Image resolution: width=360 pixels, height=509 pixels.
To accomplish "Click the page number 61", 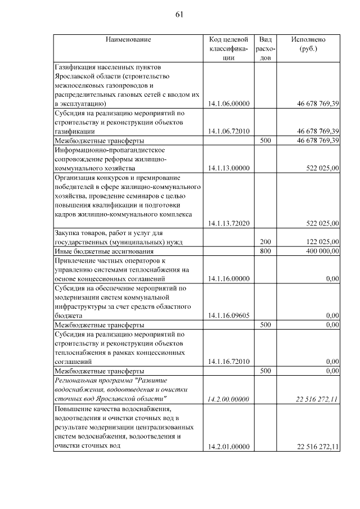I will (180, 14).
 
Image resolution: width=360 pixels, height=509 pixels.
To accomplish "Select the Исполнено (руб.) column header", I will (308, 44).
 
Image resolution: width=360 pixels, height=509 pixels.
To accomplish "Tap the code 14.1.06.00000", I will (228, 103).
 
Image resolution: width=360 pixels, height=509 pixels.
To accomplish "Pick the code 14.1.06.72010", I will (228, 131).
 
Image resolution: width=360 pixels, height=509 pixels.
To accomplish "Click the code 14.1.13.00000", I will (228, 168).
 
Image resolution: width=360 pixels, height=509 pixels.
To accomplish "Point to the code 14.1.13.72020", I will (228, 223).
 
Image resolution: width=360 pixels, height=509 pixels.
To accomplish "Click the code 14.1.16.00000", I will (228, 278).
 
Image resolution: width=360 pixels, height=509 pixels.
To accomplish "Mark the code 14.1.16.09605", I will (228, 316).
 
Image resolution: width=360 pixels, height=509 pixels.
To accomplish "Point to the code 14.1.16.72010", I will (228, 362).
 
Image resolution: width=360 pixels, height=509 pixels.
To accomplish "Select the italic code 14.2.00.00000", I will (228, 399).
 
